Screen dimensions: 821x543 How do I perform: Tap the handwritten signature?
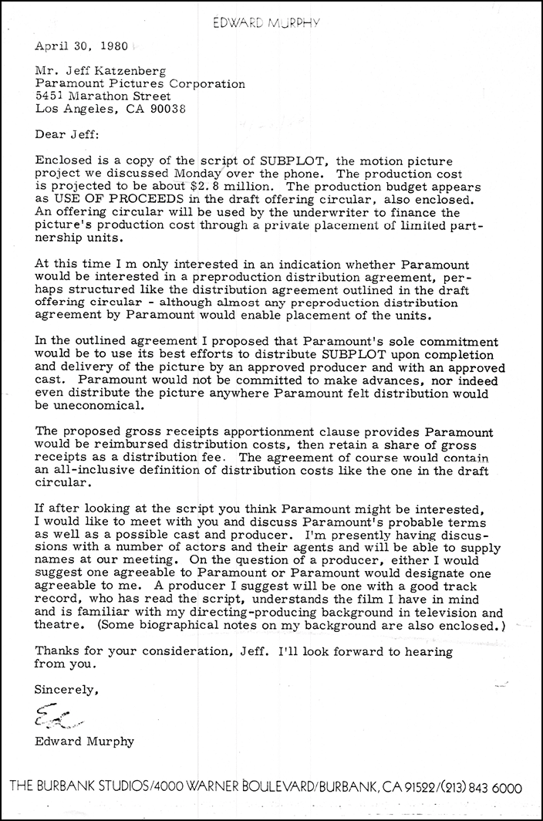tap(52, 720)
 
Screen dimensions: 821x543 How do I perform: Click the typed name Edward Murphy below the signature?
tap(84, 742)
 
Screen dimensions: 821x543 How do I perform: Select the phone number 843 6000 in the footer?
tap(493, 789)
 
